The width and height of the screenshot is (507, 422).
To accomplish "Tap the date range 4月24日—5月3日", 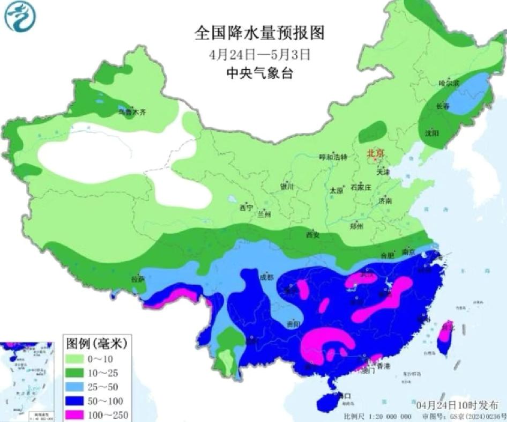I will coord(259,54).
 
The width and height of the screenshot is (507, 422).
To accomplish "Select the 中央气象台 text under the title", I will coord(259,73).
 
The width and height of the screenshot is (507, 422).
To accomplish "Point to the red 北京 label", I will coord(376,153).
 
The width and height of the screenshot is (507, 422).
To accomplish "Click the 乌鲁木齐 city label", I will coord(132,112).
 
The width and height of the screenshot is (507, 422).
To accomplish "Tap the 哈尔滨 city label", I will coord(449,84).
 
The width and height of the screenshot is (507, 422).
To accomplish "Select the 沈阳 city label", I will coord(432,132).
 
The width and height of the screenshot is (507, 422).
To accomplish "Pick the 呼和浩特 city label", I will coord(333,157).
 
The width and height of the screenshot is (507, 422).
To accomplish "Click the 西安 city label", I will coord(312,234).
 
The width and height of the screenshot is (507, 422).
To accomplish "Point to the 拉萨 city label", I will coord(138,279).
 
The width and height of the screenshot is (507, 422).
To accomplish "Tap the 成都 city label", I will coord(266,277).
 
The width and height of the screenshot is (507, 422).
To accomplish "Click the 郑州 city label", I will coord(356,226).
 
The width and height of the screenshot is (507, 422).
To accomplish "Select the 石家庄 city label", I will coord(361,188).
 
